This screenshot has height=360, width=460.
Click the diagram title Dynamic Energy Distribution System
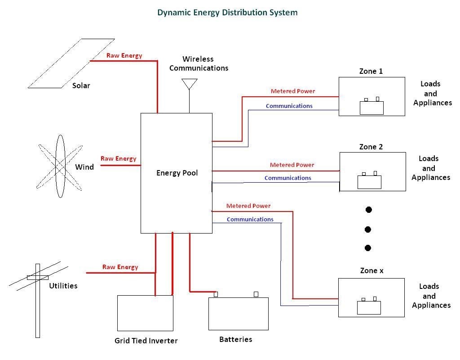[x=227, y=12]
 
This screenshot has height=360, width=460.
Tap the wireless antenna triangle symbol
[x=189, y=84]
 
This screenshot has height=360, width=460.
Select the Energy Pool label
[x=177, y=173]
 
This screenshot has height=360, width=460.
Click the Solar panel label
[x=81, y=85]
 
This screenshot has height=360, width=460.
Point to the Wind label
[x=84, y=167]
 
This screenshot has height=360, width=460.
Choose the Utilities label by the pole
[x=63, y=286]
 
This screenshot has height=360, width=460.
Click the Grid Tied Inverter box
[x=145, y=313]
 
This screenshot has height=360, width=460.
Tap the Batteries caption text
[x=236, y=339]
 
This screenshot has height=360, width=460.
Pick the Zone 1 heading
[x=371, y=71]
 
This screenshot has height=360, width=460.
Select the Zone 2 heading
[x=371, y=147]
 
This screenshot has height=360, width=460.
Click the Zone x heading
[x=372, y=270]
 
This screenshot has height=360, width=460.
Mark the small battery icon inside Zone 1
[x=372, y=107]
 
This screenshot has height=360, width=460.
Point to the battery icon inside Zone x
[x=369, y=306]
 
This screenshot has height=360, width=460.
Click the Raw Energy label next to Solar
[x=124, y=55]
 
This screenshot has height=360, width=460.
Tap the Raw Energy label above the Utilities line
[x=120, y=267]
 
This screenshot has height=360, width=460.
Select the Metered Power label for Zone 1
[x=293, y=91]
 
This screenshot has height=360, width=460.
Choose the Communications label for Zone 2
[x=288, y=178]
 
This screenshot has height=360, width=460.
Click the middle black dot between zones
[x=368, y=229]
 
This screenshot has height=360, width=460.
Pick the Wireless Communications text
[x=199, y=63]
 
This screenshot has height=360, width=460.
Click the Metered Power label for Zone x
[x=248, y=206]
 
